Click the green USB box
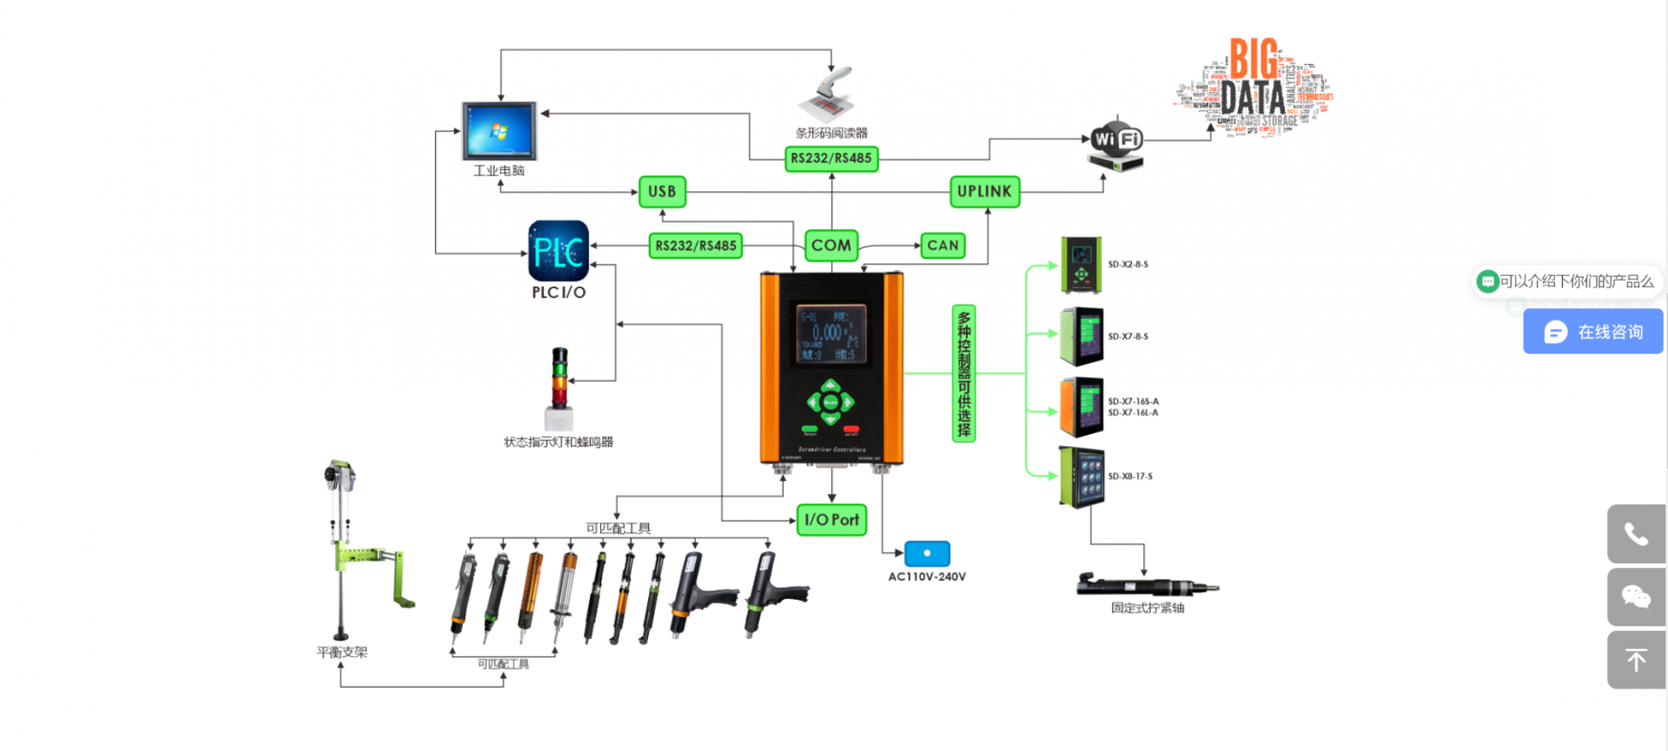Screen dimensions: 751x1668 pos(662,192)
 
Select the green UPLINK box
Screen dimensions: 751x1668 pos(984,192)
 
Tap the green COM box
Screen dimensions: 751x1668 pos(831,246)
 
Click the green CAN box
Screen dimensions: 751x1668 pos(943,246)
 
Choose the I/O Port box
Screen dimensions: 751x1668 pos(831,520)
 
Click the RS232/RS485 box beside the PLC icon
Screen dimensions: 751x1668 pos(696,246)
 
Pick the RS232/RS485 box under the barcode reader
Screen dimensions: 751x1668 pos(831,158)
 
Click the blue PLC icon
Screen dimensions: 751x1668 pos(559,251)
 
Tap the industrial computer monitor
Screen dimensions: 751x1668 pos(500,131)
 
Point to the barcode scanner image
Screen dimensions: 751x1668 pos(831,96)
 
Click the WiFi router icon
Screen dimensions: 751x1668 pos(1116,144)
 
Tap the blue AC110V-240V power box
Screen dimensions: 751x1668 pos(927,553)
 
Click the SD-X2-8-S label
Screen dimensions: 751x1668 pos(1128,265)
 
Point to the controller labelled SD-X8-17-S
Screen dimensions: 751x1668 pos(1082,477)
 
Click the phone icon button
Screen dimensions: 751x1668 pos(1637,534)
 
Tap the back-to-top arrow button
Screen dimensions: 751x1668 pos(1637,660)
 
